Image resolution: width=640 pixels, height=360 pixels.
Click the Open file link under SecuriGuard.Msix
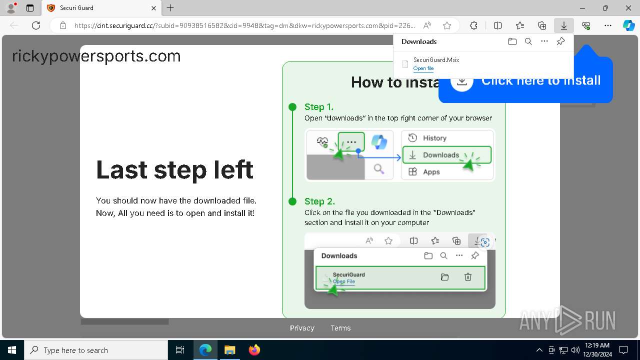pyautogui.click(x=423, y=68)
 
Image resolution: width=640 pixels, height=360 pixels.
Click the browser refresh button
pyautogui.click(x=36, y=25)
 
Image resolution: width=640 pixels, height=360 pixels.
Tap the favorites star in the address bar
pyautogui.click(x=447, y=25)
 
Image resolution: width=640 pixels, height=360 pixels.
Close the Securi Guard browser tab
pyautogui.click(x=154, y=8)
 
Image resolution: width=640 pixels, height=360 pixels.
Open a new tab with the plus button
pyautogui.click(x=170, y=8)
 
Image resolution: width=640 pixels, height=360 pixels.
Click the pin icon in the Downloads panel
pyautogui.click(x=560, y=41)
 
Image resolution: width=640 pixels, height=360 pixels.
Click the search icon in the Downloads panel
pyautogui.click(x=528, y=41)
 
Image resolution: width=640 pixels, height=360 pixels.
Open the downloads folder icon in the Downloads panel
pyautogui.click(x=512, y=41)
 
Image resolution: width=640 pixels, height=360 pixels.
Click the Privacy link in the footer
pyautogui.click(x=302, y=328)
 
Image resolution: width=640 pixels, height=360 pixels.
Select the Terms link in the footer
pyautogui.click(x=340, y=328)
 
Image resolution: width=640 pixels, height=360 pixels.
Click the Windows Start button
pyautogui.click(x=12, y=350)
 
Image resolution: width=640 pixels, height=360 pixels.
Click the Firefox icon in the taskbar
pyautogui.click(x=254, y=350)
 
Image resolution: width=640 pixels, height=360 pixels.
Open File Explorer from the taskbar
pyautogui.click(x=230, y=350)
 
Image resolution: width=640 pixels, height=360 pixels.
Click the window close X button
pyautogui.click(x=628, y=8)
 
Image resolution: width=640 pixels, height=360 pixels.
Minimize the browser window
pyautogui.click(x=582, y=8)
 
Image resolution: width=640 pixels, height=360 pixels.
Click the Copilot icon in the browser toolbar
pyautogui.click(x=628, y=25)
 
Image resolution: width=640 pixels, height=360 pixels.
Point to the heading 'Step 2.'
pyautogui.click(x=319, y=201)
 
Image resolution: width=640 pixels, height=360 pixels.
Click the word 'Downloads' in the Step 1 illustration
pyautogui.click(x=440, y=155)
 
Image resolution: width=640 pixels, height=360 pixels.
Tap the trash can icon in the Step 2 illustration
pyautogui.click(x=468, y=277)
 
